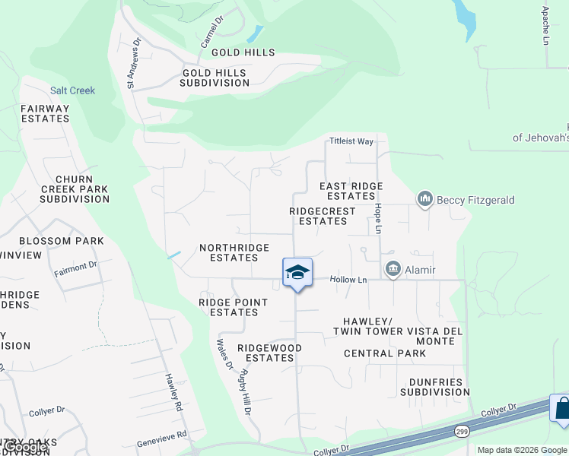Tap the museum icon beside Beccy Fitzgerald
[x=424, y=199]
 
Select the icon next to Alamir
[x=393, y=268]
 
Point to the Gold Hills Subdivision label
[x=215, y=78]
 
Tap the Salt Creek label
[x=73, y=90]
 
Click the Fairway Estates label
[x=45, y=114]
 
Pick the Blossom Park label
[x=62, y=241]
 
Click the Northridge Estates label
[x=234, y=252]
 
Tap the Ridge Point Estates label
[x=233, y=307]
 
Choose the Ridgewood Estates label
[x=269, y=353]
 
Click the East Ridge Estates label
[x=351, y=191]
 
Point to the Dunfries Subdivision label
[x=435, y=387]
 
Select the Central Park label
[x=385, y=353]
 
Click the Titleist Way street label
[x=351, y=141]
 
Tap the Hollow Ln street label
[x=348, y=280]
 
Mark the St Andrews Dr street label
[x=134, y=64]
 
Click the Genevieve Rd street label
[x=162, y=439]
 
